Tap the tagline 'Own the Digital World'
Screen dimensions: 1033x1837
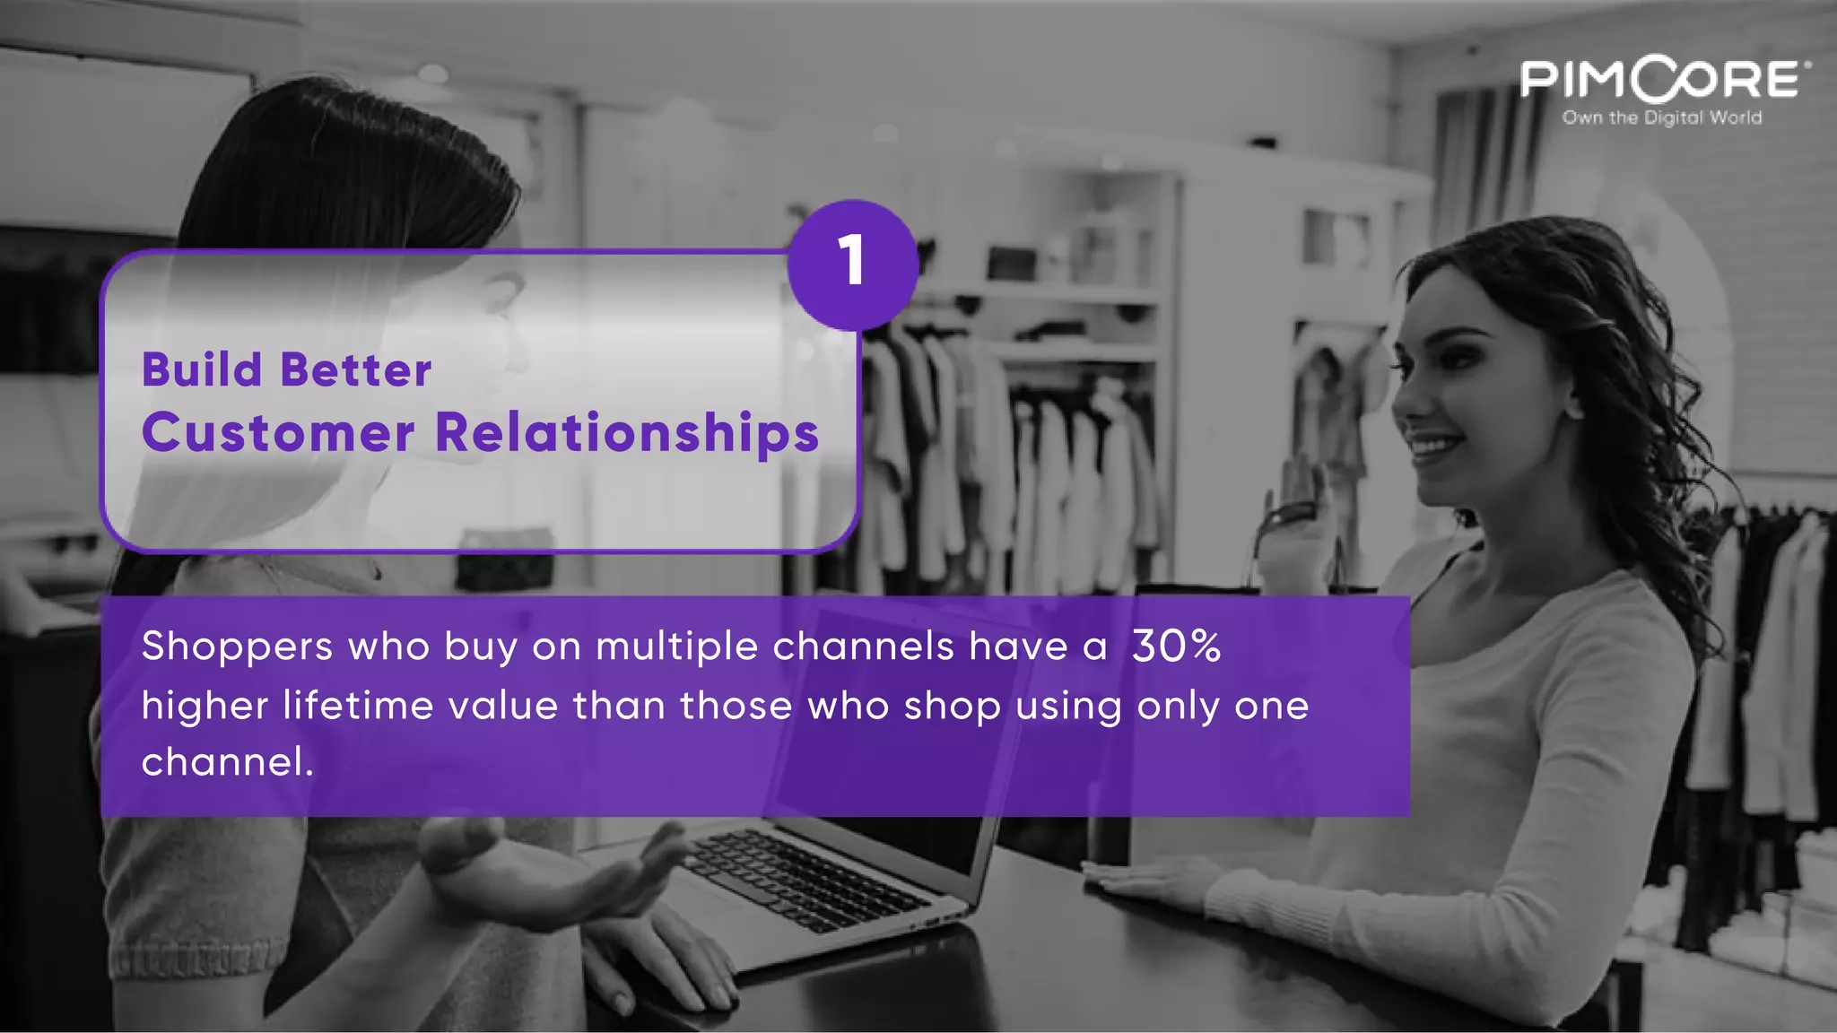coord(1661,118)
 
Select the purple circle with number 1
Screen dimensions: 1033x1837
coord(852,264)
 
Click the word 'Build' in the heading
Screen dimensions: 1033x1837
coord(202,369)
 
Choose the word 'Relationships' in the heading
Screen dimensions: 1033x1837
coord(627,434)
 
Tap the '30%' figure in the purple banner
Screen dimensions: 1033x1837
coord(1176,646)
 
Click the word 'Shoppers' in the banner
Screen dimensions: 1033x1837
coord(237,647)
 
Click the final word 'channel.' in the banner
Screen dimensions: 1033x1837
coord(227,763)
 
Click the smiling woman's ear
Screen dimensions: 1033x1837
coord(1571,405)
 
